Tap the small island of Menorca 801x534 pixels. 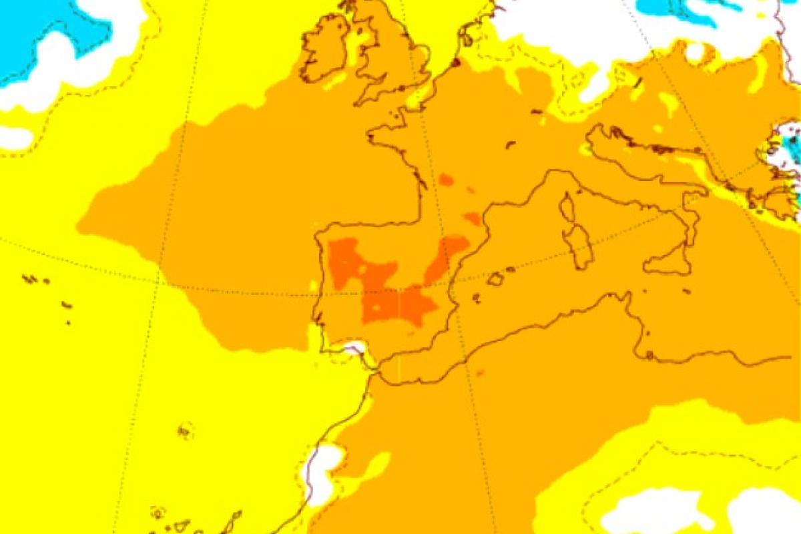(x=511, y=270)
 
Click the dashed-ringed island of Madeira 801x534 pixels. (x=185, y=431)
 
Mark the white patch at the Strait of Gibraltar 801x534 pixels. (x=353, y=347)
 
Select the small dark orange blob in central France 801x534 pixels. (x=446, y=180)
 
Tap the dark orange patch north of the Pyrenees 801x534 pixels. (x=473, y=218)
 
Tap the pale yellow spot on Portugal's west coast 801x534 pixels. (x=314, y=285)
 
